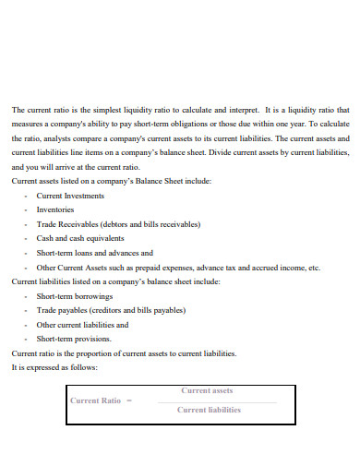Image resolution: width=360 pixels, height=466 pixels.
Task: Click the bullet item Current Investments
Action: pos(70,196)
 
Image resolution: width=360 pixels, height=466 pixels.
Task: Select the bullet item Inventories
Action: pos(54,209)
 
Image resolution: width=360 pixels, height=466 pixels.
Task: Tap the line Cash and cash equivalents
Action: pos(81,238)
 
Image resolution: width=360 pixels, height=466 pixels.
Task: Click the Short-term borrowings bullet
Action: pos(74,296)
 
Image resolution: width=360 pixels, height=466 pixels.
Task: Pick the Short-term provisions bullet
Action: pos(73,339)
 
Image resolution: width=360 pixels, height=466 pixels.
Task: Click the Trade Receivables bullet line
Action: pos(118,223)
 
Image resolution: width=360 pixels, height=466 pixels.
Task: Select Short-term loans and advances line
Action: pos(94,252)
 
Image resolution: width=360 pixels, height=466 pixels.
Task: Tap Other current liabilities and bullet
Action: pos(82,325)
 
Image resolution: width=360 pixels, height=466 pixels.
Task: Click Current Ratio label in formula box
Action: pos(96,400)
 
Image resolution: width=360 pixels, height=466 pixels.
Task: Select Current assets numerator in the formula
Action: pos(208,390)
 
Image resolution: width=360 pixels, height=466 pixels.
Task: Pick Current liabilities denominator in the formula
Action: pos(209,410)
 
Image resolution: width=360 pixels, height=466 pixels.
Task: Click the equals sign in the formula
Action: pos(129,400)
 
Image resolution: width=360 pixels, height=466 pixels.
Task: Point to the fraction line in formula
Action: pos(216,401)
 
